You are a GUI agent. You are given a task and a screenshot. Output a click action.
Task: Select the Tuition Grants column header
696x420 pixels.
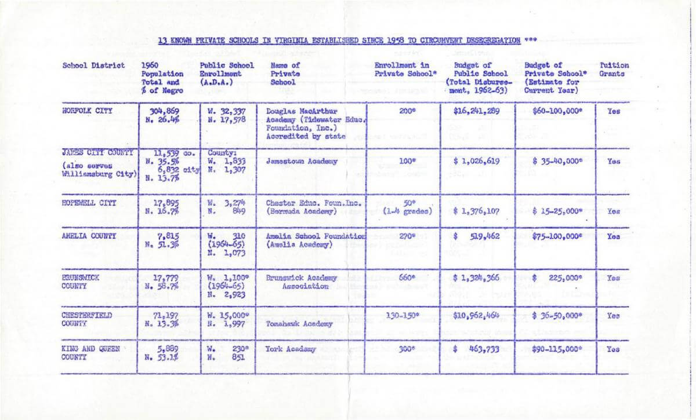pyautogui.click(x=614, y=70)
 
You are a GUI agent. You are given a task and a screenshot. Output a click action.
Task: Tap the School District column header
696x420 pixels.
pyautogui.click(x=86, y=65)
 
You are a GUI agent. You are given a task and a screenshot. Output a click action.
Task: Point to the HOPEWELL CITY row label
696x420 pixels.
pyautogui.click(x=89, y=203)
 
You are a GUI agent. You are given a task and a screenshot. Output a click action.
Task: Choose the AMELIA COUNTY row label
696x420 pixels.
pyautogui.click(x=89, y=236)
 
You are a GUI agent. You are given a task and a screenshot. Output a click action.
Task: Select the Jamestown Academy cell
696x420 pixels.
pyautogui.click(x=302, y=162)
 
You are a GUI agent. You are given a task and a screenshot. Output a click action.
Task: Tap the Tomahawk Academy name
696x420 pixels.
pyautogui.click(x=299, y=324)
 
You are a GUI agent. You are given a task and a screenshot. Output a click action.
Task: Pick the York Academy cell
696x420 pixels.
pyautogui.click(x=291, y=349)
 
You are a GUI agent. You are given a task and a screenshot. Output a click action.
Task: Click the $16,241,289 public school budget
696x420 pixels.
pyautogui.click(x=476, y=110)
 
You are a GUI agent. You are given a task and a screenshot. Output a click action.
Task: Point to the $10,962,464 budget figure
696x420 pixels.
pyautogui.click(x=477, y=316)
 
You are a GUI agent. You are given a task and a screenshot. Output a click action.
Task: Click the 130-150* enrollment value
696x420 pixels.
pyautogui.click(x=401, y=316)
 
